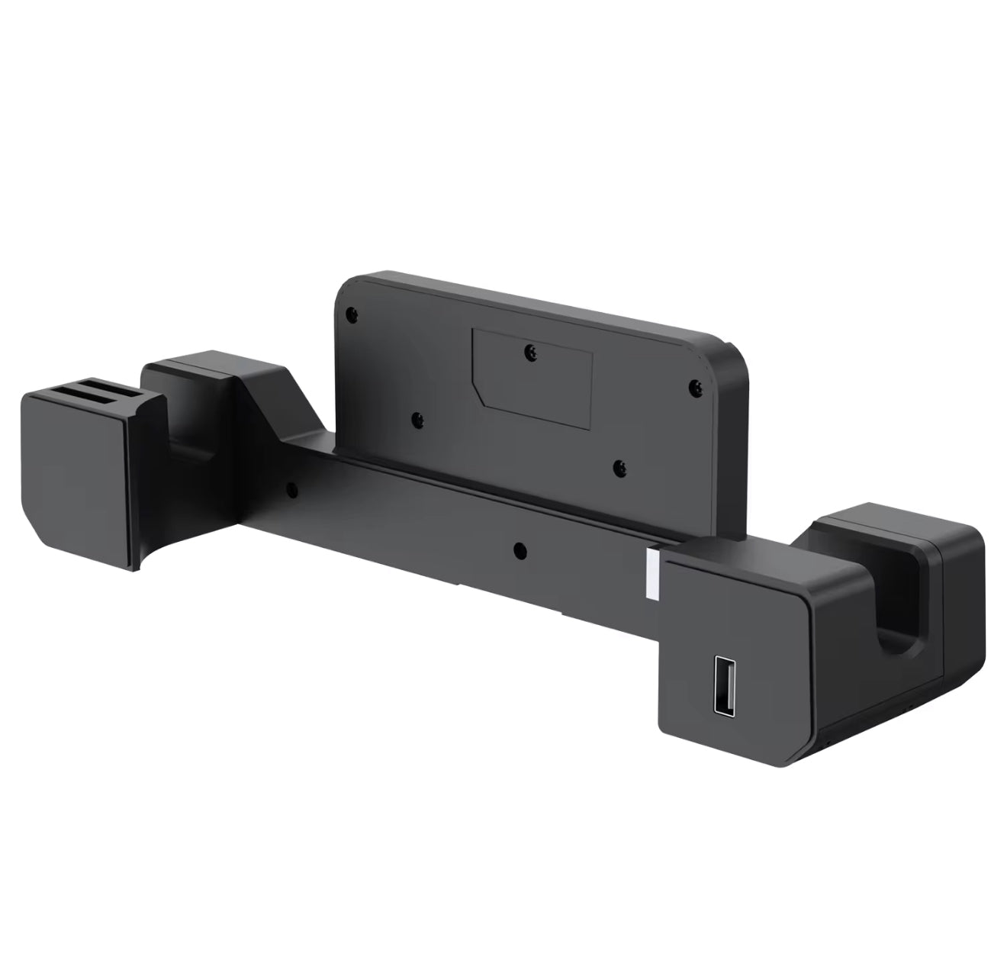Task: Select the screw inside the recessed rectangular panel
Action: pyautogui.click(x=528, y=350)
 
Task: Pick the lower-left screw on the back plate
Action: pyautogui.click(x=417, y=419)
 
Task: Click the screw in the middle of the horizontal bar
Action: pyautogui.click(x=519, y=548)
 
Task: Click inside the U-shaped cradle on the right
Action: pyautogui.click(x=893, y=611)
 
